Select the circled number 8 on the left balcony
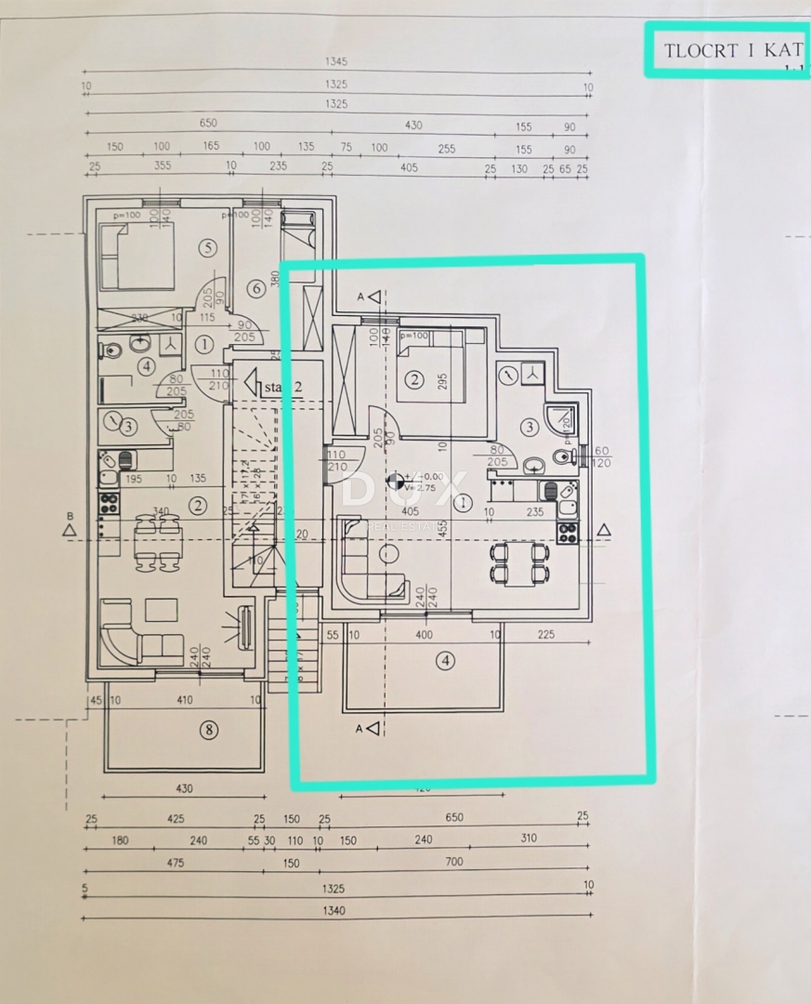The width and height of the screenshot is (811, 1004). tap(209, 730)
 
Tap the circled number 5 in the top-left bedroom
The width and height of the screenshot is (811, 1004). tap(207, 247)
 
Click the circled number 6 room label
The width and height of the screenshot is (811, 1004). tap(256, 288)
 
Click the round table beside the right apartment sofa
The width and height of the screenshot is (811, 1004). tap(389, 554)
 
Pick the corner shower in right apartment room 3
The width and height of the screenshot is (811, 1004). tap(563, 423)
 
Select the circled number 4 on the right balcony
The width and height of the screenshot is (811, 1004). tap(447, 661)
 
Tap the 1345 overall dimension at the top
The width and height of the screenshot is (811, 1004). tap(335, 61)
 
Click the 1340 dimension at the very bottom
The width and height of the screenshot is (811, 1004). tap(334, 910)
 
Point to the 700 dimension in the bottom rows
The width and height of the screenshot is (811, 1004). tap(453, 862)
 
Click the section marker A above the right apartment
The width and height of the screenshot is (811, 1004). tap(372, 297)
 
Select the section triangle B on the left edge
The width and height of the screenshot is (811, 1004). tap(68, 529)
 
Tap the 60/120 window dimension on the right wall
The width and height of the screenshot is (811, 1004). tap(600, 456)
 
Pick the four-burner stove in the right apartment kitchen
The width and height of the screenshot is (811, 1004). tap(567, 533)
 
